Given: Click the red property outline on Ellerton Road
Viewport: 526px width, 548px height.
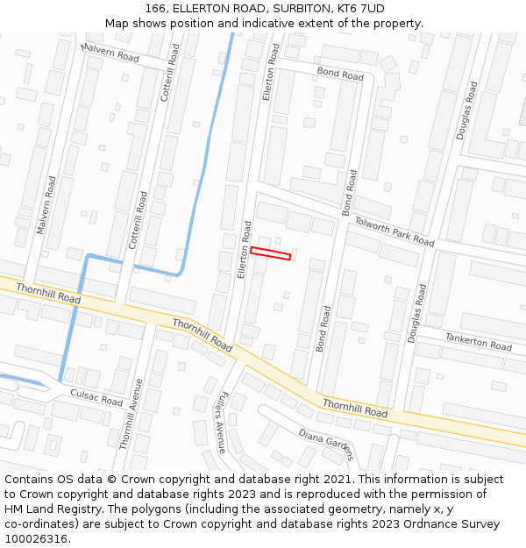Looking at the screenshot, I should [x=270, y=254].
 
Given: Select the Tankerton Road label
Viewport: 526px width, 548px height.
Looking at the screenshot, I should [x=478, y=341].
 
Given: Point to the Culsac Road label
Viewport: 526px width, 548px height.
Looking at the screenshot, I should [x=96, y=398].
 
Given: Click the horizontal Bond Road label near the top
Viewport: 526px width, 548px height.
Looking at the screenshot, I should [x=340, y=75].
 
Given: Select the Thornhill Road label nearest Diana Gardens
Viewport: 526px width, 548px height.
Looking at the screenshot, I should [x=354, y=408].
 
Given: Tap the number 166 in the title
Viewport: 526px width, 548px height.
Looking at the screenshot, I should [x=155, y=9].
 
